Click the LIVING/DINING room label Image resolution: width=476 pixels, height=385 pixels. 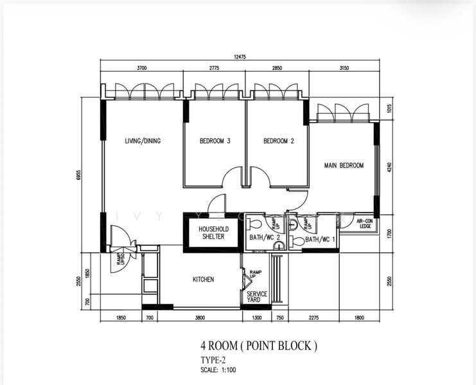143,141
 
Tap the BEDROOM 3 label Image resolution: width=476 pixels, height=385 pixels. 215,141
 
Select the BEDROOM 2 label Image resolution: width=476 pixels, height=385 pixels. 278,141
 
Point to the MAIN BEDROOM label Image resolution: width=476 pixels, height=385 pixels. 344,166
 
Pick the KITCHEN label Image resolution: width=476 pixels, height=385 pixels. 203,280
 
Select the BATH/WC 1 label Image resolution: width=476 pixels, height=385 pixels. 321,240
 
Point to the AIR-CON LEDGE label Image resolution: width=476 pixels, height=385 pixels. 366,223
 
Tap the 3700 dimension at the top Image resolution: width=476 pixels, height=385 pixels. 141,67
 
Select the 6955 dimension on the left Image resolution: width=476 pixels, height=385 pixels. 78,176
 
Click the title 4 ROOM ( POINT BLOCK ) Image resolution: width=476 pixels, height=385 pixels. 258,346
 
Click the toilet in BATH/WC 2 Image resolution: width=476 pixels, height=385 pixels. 255,225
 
